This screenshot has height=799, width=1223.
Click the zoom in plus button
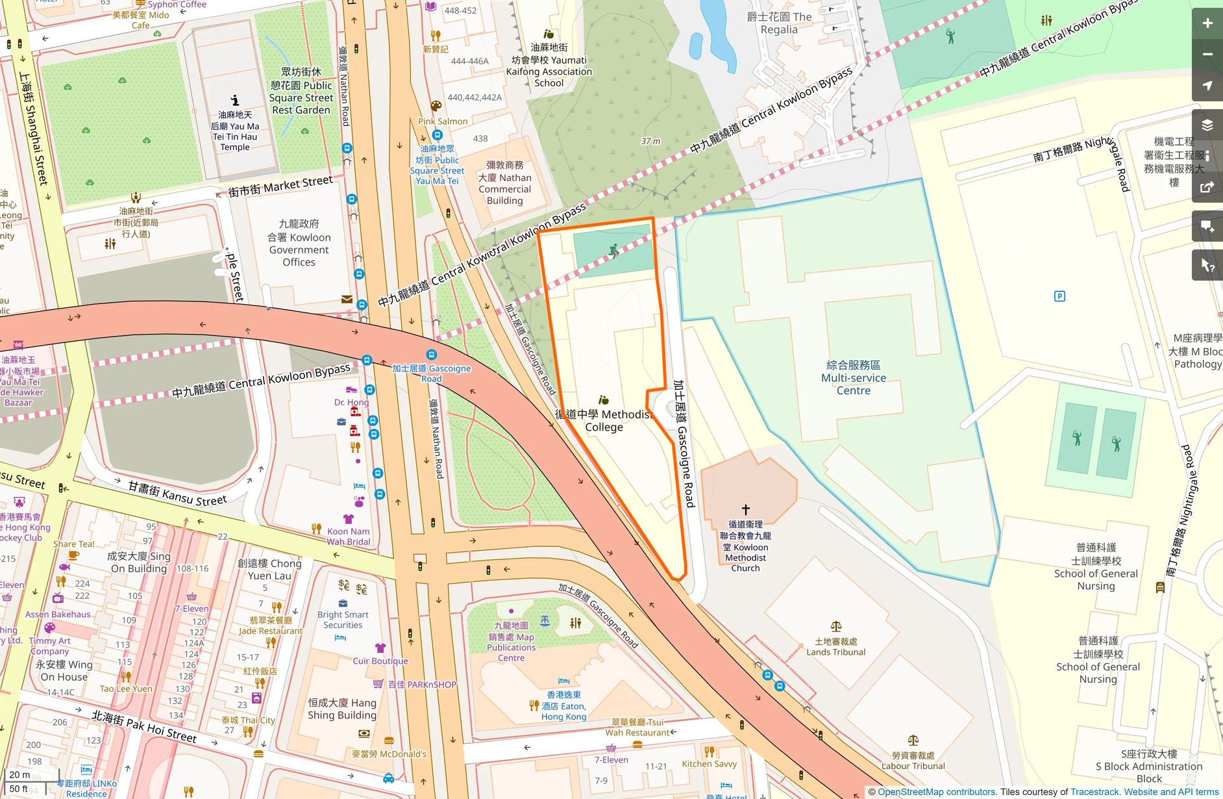[1207, 23]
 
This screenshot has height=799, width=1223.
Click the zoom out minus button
[1207, 55]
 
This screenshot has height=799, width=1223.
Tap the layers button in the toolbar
[1207, 125]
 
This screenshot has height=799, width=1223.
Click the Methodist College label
[604, 420]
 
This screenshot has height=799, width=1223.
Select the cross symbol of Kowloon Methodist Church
[745, 510]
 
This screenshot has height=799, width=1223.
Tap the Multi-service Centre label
[853, 378]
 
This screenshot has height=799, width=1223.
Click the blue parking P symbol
[1059, 296]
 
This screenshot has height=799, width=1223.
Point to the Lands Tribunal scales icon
[835, 627]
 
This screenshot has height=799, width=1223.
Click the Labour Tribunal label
[913, 761]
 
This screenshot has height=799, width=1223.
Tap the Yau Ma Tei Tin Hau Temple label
[235, 131]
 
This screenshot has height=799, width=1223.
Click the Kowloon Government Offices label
[299, 244]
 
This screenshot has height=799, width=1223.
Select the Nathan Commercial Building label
[505, 183]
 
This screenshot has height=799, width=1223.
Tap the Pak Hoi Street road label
[143, 726]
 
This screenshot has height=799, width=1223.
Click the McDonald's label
[389, 754]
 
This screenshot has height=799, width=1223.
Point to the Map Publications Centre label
[511, 642]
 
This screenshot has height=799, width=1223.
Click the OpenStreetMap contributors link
[936, 792]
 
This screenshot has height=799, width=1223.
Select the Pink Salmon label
[443, 121]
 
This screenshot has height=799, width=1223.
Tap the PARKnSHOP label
[422, 685]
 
